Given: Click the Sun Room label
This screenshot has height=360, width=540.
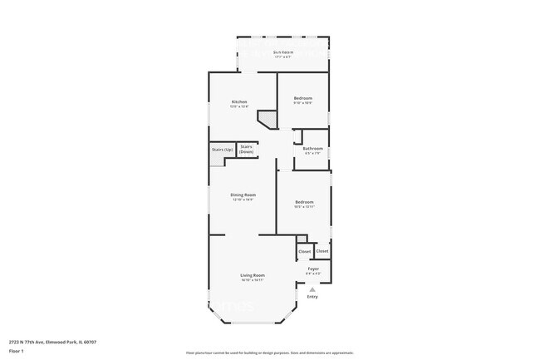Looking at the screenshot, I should click(x=282, y=52).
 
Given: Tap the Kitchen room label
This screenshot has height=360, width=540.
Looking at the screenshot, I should click(x=240, y=102).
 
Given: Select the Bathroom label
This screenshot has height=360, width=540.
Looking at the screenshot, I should click(x=313, y=149).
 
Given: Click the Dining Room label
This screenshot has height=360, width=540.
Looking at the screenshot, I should click(x=243, y=195).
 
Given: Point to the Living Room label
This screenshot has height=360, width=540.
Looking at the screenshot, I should click(x=253, y=275).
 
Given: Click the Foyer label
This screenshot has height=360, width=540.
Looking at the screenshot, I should click(x=313, y=269).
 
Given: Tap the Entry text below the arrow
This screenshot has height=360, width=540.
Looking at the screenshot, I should click(x=312, y=297).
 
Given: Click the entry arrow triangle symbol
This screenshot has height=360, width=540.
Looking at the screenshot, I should click(x=312, y=288).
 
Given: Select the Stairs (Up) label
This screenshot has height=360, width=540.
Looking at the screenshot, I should click(x=221, y=150).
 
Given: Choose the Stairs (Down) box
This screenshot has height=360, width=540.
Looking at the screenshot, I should click(x=247, y=150).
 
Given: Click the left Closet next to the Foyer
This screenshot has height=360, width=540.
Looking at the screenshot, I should click(x=304, y=251).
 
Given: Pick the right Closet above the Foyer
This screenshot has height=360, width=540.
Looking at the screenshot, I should click(x=322, y=250).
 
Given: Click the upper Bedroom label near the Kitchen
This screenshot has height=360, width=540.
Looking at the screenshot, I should click(x=302, y=98).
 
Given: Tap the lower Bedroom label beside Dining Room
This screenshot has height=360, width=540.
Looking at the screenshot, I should click(x=304, y=202).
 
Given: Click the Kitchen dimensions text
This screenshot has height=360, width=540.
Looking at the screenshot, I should click(x=240, y=106).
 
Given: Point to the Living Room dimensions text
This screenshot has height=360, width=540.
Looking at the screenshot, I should click(x=253, y=280).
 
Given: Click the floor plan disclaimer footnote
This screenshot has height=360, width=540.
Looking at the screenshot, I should click(x=270, y=353).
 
